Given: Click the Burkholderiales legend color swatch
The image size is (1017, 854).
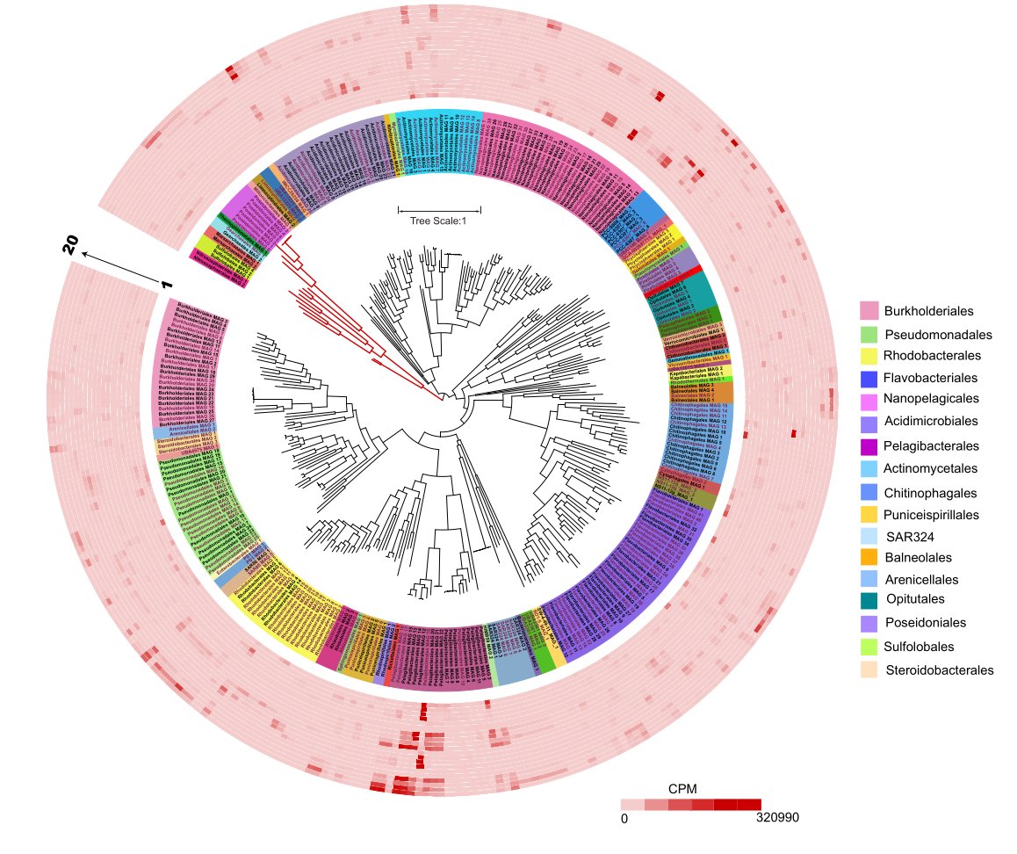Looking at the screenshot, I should pos(869,310).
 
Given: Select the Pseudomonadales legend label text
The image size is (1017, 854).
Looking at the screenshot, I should pos(938,335).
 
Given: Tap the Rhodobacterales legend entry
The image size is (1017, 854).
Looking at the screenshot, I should pos(932,356).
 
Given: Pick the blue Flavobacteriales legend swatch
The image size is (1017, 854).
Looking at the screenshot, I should pos(869,379).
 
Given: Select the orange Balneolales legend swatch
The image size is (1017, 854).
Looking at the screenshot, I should pos(869,557).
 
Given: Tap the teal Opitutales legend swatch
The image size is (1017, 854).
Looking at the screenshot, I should pos(869,599).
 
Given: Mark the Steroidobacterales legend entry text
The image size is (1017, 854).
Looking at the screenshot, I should pos(940,669).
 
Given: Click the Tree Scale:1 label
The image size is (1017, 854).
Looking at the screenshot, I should pos(439,221).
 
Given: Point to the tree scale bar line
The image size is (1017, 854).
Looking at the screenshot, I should pos(439,210).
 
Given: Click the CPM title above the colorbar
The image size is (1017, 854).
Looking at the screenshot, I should pos(682,789).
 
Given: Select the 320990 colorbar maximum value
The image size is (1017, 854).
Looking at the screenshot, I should pos(777,818).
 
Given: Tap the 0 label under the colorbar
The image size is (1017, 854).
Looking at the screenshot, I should pos(624,818).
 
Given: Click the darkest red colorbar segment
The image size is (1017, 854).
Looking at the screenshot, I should pos(749,804).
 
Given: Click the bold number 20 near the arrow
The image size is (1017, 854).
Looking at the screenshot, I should pos(70,245).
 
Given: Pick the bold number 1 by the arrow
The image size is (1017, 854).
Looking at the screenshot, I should pos(166,284).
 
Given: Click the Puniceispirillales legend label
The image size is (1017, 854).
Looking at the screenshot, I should pos(936,514).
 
